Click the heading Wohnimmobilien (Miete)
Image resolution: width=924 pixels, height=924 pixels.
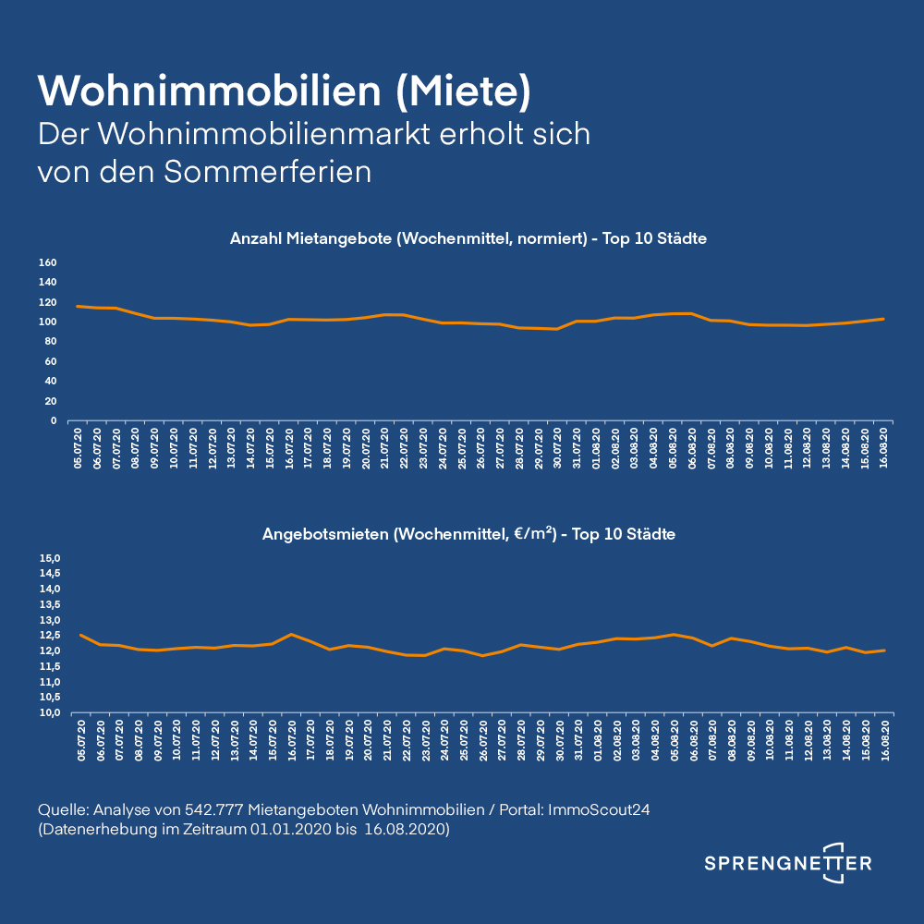point(284,91)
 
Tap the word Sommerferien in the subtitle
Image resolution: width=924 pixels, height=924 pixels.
point(268,172)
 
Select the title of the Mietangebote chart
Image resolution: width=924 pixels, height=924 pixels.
point(468,238)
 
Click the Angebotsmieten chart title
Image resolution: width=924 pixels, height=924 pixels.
point(468,534)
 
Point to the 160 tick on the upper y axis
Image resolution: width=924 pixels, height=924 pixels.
point(48,262)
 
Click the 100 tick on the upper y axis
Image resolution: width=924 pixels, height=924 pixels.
point(48,322)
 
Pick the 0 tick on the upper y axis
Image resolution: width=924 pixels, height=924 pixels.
point(54,420)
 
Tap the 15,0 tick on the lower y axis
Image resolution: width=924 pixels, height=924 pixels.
point(50,558)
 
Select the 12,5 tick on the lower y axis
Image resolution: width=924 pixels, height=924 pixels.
point(50,636)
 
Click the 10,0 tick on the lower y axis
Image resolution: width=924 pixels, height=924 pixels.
point(50,713)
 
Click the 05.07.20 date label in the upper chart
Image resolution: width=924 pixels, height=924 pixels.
point(78,448)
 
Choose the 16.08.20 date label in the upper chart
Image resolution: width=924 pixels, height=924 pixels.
point(883,448)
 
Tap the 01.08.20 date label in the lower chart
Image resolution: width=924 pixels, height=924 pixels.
point(598,740)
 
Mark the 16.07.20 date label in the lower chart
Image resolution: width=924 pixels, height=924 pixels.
point(292,740)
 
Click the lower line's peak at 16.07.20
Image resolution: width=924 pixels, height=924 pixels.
point(291,634)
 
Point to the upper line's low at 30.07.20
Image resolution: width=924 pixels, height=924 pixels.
point(556,329)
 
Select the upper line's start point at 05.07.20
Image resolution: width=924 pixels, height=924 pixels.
point(78,307)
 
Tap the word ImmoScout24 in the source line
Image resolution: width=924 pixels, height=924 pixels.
point(599,809)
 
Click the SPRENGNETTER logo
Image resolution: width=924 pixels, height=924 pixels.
point(788,863)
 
